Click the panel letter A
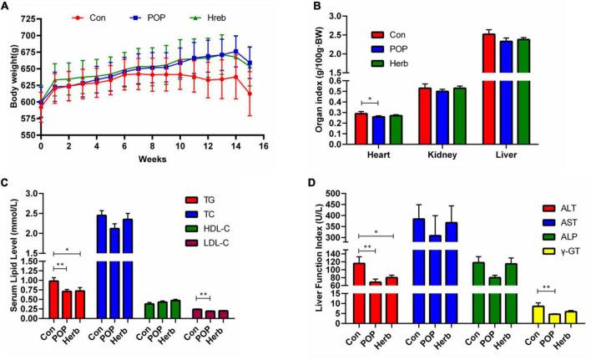(x=6, y=7)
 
